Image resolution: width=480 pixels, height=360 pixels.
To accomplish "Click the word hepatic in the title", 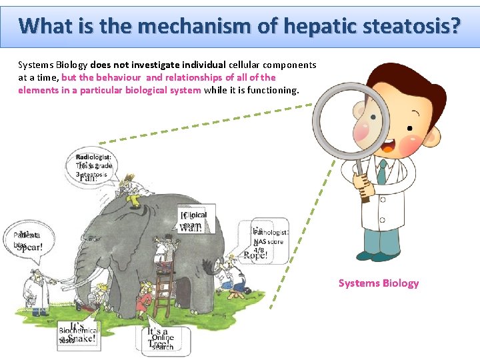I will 319,26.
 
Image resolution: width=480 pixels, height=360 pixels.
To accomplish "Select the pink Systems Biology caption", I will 379,283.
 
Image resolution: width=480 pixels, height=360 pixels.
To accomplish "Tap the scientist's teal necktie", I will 381,171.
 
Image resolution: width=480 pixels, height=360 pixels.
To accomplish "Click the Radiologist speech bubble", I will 94,167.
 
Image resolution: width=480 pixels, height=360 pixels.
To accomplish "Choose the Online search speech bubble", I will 162,339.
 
